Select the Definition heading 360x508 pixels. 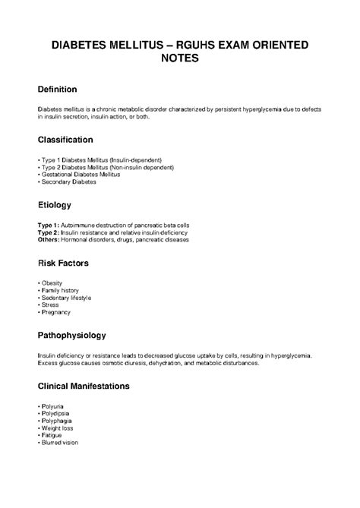pyautogui.click(x=61, y=90)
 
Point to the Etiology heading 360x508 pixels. pyautogui.click(x=55, y=205)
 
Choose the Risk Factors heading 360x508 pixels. pyautogui.click(x=64, y=263)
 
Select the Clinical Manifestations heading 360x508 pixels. pyautogui.click(x=88, y=386)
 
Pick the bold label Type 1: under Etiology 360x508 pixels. pyautogui.click(x=48, y=226)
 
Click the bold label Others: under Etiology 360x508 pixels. pyautogui.click(x=49, y=240)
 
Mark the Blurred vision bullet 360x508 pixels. pyautogui.click(x=60, y=442)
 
